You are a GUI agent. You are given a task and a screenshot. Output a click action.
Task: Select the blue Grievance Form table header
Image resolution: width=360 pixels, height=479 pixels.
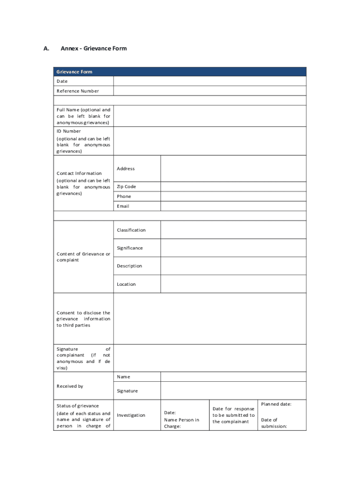point(180,72)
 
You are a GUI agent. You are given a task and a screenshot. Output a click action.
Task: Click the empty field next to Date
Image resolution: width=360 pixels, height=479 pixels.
point(209,81)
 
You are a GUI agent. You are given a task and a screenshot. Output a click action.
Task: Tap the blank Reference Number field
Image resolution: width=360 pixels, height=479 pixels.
point(209,91)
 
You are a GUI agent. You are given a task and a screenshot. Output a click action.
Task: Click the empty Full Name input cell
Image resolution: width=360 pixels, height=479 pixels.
point(209,116)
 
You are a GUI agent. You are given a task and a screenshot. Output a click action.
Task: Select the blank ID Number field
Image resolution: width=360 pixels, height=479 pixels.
point(209,141)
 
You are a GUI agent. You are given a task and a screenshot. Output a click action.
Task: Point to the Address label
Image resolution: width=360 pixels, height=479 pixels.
point(126,168)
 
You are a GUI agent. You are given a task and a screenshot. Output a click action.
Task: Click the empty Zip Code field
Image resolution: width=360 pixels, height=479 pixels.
point(233,187)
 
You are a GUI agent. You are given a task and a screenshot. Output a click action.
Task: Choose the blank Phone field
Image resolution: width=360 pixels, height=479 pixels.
point(233,196)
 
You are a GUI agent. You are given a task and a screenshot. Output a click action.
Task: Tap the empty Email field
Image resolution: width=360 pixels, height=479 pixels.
point(233,206)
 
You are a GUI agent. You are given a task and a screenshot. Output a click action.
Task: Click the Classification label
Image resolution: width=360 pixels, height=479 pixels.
point(131,230)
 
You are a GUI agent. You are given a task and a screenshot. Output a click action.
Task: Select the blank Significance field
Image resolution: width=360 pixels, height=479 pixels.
point(233,248)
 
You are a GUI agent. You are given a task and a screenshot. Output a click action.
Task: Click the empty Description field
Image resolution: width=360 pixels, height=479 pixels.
point(233,266)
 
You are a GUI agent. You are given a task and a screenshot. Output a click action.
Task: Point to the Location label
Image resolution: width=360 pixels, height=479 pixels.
point(126,284)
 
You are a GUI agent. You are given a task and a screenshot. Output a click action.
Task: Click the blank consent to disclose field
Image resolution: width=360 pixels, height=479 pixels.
point(209,319)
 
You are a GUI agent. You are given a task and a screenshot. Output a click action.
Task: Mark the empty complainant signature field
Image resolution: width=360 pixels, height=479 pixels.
point(209,358)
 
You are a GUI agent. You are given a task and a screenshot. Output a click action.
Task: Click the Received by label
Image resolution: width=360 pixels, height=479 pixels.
point(70,386)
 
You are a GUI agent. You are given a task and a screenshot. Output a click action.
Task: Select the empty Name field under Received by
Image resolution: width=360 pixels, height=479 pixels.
point(233,377)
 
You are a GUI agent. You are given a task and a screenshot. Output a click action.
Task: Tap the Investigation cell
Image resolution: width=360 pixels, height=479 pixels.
point(131,415)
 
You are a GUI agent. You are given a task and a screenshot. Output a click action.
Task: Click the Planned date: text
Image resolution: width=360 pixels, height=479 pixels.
point(276,404)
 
